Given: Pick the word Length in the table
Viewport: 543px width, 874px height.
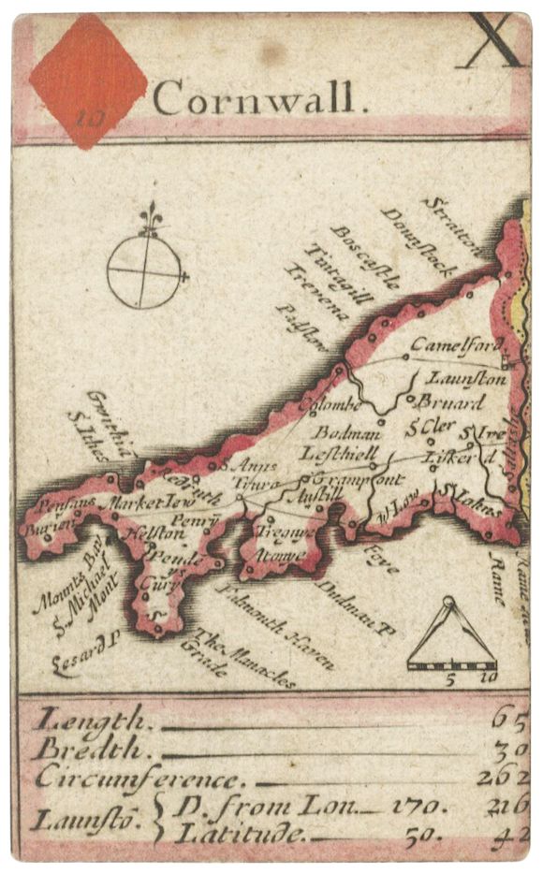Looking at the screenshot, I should click(92, 721).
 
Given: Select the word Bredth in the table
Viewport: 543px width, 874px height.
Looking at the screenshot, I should click(92, 749).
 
